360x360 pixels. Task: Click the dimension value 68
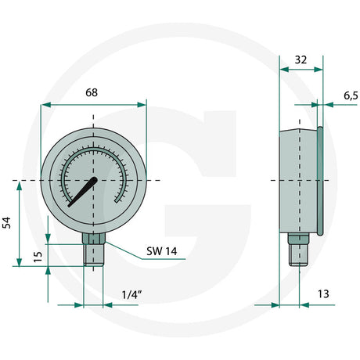point(92,92)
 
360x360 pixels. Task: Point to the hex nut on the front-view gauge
point(94,239)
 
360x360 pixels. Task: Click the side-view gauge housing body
point(297,180)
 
